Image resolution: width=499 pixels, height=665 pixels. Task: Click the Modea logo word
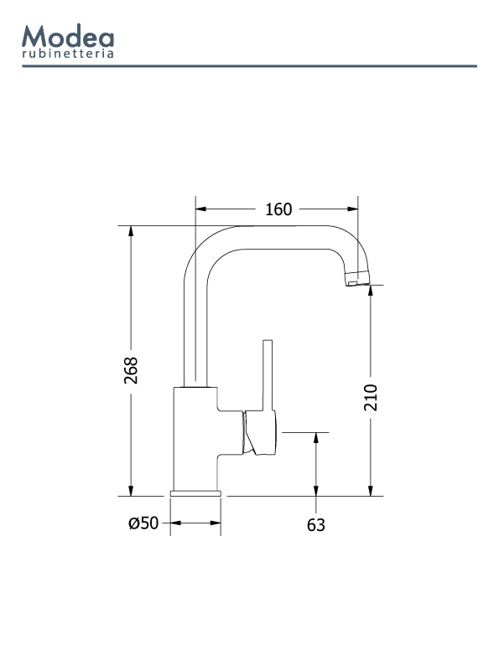[x=68, y=36]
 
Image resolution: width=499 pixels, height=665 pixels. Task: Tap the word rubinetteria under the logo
[x=68, y=54]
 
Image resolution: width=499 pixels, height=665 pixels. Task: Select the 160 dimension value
[x=278, y=209]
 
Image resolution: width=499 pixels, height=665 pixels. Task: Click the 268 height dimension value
[x=131, y=370]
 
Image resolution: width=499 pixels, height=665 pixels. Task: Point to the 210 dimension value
[x=371, y=397]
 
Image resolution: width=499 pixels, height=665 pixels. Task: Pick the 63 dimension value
[x=316, y=525]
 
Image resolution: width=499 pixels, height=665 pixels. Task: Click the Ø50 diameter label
[x=143, y=523]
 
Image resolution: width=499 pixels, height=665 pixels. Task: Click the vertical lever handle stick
[x=268, y=375]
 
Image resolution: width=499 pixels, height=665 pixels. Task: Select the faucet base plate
[x=195, y=493]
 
